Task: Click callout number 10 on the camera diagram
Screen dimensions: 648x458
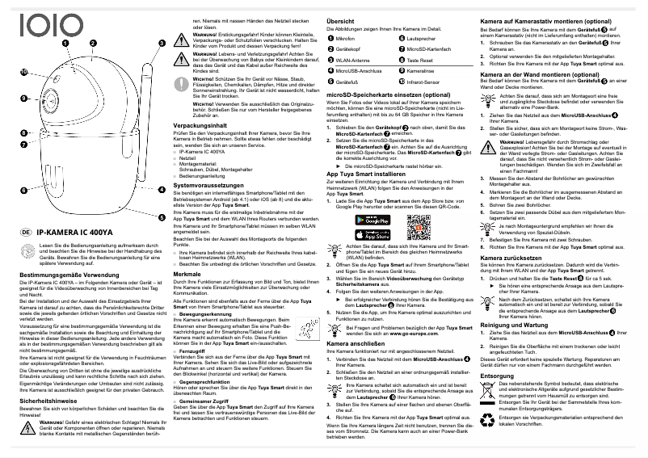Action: coord(23,73)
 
